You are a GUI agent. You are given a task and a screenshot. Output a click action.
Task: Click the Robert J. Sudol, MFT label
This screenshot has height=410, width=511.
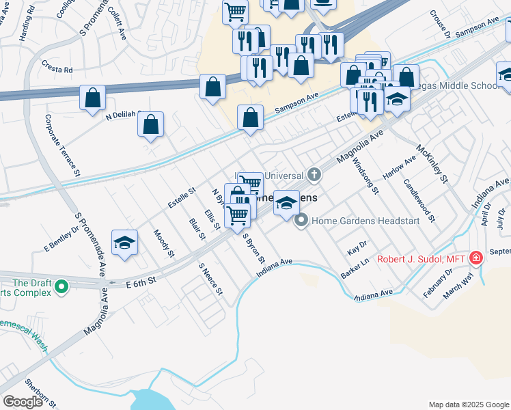(421, 259)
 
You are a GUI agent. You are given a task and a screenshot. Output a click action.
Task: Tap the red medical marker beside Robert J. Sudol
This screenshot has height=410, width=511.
(475, 258)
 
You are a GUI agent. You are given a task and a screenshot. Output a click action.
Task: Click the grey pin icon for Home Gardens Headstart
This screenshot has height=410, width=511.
(301, 221)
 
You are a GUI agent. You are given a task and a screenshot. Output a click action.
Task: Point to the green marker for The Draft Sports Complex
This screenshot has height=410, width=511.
(62, 287)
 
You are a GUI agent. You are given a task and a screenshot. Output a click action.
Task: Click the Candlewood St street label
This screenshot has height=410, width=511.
(419, 200)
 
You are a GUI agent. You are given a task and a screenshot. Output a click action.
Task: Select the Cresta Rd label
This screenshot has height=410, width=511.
(57, 69)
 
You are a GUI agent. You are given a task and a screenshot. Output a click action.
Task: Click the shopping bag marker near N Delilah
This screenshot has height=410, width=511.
(150, 125)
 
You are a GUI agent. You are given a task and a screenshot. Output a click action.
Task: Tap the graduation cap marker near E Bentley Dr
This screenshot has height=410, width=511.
(124, 243)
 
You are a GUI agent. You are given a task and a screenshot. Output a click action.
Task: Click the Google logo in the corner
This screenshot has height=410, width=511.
(23, 402)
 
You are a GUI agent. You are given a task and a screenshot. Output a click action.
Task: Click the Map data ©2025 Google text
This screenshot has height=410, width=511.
(468, 405)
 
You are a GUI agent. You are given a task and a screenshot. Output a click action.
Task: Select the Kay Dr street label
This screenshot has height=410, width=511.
(357, 247)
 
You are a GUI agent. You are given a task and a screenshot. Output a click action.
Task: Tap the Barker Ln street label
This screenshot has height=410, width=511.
(355, 269)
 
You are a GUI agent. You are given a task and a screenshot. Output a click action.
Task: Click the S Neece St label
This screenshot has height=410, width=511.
(210, 279)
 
